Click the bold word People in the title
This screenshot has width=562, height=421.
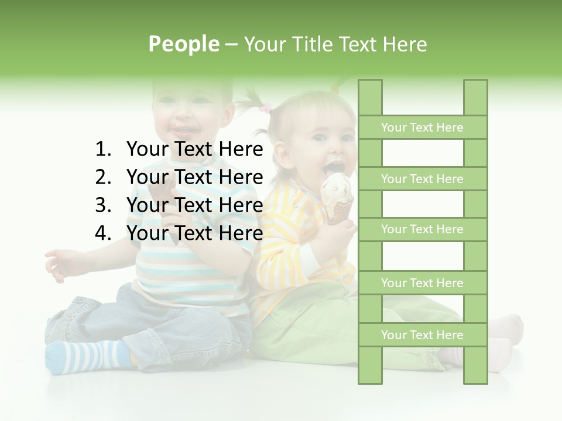[x=183, y=44]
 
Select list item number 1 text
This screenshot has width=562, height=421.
[x=194, y=150]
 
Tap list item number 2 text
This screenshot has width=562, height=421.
[x=194, y=177]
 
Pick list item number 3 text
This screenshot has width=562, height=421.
[x=194, y=205]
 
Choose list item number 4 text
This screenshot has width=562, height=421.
[x=194, y=233]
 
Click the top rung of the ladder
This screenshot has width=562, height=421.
[x=422, y=127]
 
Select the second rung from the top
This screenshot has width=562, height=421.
[x=422, y=179]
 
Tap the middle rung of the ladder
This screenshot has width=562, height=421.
[x=422, y=230]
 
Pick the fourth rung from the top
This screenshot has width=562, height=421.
[x=422, y=283]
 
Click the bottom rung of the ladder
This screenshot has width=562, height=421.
[x=422, y=335]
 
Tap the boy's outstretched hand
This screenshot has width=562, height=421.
[x=61, y=263]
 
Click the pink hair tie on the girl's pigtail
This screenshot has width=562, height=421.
[x=266, y=108]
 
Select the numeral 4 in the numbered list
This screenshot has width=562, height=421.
[x=102, y=233]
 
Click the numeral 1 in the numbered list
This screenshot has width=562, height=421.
[x=102, y=150]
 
